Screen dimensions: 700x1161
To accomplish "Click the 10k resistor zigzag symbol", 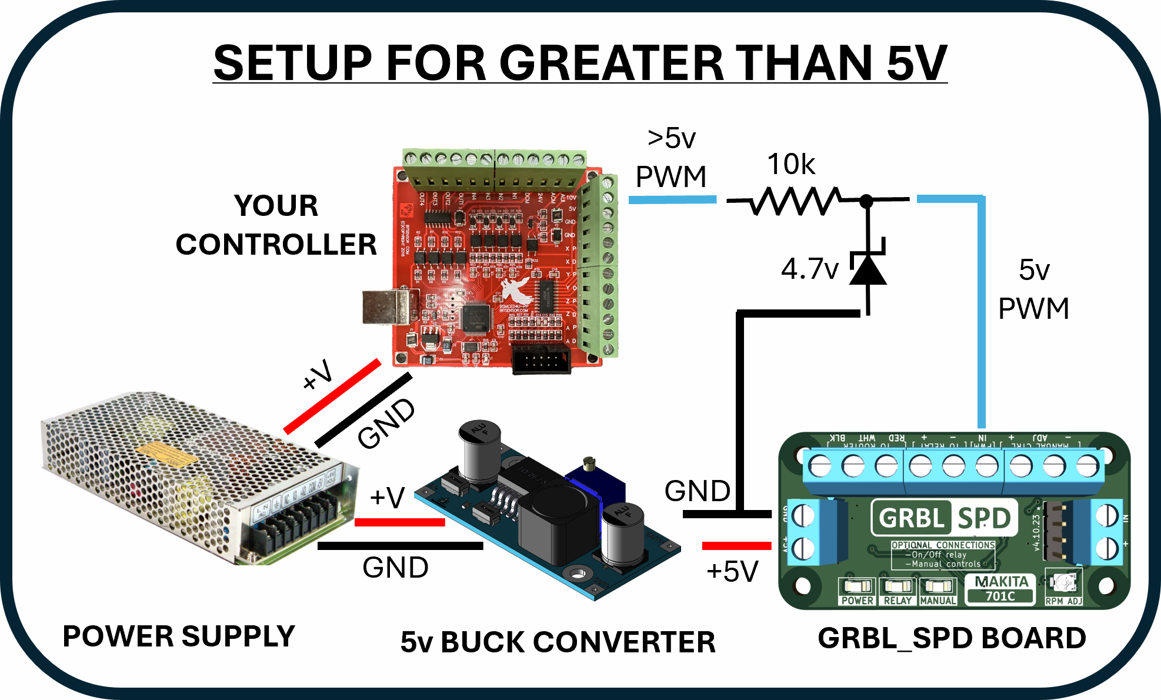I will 794,201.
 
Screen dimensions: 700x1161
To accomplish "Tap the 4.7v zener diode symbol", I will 868,269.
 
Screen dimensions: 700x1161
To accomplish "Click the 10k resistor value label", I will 791,164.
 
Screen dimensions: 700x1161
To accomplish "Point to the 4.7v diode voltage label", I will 810,269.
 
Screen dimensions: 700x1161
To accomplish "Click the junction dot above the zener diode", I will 866,201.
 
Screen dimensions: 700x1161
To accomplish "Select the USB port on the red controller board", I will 385,307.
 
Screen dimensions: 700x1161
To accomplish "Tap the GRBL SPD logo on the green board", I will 944,518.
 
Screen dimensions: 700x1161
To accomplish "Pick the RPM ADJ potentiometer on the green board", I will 1064,583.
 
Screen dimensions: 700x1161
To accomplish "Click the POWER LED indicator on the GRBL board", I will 857,586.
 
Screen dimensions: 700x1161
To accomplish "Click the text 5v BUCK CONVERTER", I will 558,642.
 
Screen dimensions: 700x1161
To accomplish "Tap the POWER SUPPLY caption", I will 179,636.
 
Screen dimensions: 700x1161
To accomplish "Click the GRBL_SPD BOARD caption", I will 952,638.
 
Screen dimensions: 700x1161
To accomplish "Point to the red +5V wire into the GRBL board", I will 736,546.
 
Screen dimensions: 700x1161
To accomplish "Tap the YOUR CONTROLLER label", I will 276,225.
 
